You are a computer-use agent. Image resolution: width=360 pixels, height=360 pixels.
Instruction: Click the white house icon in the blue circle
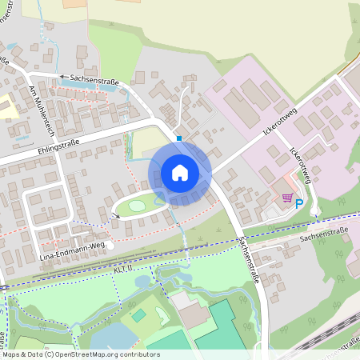(x=180, y=172)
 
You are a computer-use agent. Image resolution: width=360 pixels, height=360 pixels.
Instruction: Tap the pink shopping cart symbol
(x=287, y=198)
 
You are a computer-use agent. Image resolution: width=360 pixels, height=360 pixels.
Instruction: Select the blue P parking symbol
(x=299, y=203)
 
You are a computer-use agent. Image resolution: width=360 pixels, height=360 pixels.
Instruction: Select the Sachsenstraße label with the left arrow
(x=94, y=78)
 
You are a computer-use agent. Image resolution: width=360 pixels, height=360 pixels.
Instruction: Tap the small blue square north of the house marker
(x=179, y=138)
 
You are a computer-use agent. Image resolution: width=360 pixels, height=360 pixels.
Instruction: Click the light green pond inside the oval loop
(x=137, y=206)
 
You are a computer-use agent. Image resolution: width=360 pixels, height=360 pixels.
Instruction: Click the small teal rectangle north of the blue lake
(x=138, y=315)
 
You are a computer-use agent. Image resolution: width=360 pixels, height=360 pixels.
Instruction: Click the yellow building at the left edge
(x=8, y=106)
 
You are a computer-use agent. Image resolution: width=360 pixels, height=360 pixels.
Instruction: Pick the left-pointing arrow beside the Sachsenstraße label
(x=64, y=78)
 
